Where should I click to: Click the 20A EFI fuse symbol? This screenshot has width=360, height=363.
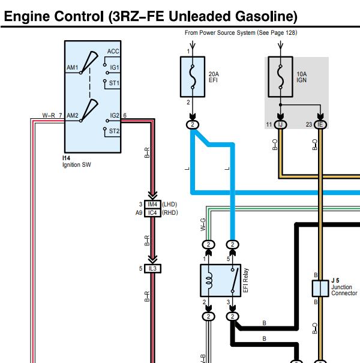tap(193, 77)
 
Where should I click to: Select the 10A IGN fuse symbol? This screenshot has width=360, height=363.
tap(280, 77)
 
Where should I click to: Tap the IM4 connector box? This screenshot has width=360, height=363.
tap(152, 205)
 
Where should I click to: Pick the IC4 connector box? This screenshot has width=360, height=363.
tap(152, 213)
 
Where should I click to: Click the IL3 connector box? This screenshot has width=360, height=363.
tap(152, 269)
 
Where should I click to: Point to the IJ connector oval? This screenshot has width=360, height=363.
tap(280, 125)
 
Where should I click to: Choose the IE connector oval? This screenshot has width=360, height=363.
tap(320, 125)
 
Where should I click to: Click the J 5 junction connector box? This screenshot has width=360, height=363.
tap(320, 288)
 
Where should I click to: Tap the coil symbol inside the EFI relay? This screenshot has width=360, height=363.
tap(209, 280)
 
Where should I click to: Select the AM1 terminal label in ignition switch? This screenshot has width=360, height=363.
tap(72, 68)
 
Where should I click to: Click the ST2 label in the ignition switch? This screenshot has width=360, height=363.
tap(114, 131)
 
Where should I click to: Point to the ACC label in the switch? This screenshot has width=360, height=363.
tap(113, 51)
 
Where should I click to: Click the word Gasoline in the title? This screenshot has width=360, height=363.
tap(266, 16)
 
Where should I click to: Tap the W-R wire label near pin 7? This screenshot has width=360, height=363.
tap(49, 115)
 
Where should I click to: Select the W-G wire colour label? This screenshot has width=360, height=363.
tap(203, 224)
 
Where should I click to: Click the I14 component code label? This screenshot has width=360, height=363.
tap(66, 158)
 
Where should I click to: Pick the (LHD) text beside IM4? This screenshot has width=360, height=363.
tap(169, 205)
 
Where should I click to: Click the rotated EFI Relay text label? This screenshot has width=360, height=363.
tap(246, 280)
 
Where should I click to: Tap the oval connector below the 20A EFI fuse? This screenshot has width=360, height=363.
tap(193, 125)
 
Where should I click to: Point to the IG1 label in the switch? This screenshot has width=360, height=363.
tap(115, 67)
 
